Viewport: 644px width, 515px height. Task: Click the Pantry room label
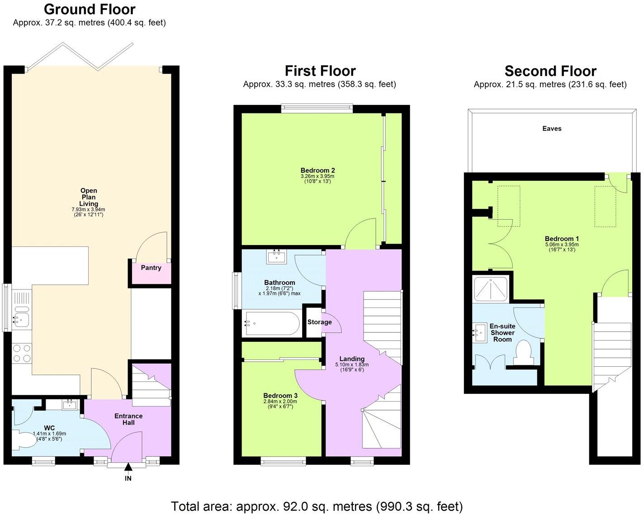coord(151,268)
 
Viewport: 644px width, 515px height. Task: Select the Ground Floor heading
coord(90,9)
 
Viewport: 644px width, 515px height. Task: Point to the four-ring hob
coord(21,353)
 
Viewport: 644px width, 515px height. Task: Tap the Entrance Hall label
coord(128,419)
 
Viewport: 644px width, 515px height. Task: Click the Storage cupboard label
coord(319,322)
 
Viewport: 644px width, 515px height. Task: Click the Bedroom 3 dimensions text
coord(280,404)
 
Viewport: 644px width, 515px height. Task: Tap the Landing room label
coord(351,359)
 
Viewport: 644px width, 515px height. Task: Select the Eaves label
coord(552,128)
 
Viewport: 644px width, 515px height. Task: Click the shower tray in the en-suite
coord(491,289)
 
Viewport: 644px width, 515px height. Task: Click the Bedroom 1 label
coord(562,239)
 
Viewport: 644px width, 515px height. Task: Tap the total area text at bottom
coord(317,506)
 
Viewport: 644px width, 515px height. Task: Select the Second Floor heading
coord(550,71)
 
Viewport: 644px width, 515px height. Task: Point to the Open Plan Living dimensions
coord(88,212)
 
